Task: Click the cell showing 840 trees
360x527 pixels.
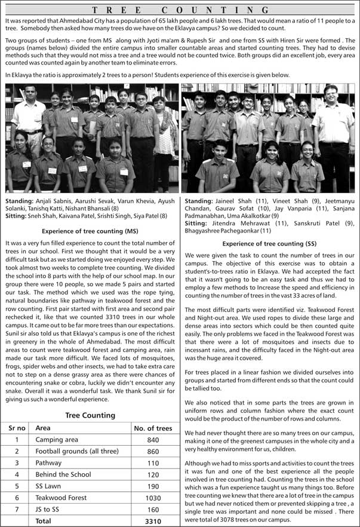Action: (152, 440)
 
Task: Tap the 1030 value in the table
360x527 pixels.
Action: (152, 497)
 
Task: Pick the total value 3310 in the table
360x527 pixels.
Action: (152, 520)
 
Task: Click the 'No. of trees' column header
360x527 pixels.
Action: (152, 428)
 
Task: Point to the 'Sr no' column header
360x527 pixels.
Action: (17, 428)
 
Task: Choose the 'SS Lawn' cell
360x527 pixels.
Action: (49, 486)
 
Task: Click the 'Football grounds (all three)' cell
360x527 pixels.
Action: (73, 451)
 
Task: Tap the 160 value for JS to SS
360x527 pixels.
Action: (152, 509)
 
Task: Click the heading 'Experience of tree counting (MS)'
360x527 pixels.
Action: (90, 231)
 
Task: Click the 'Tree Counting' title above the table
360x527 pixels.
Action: (90, 415)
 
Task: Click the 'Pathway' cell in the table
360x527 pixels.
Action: (48, 463)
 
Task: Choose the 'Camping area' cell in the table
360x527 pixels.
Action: (57, 440)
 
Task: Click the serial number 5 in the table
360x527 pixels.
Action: (17, 486)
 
